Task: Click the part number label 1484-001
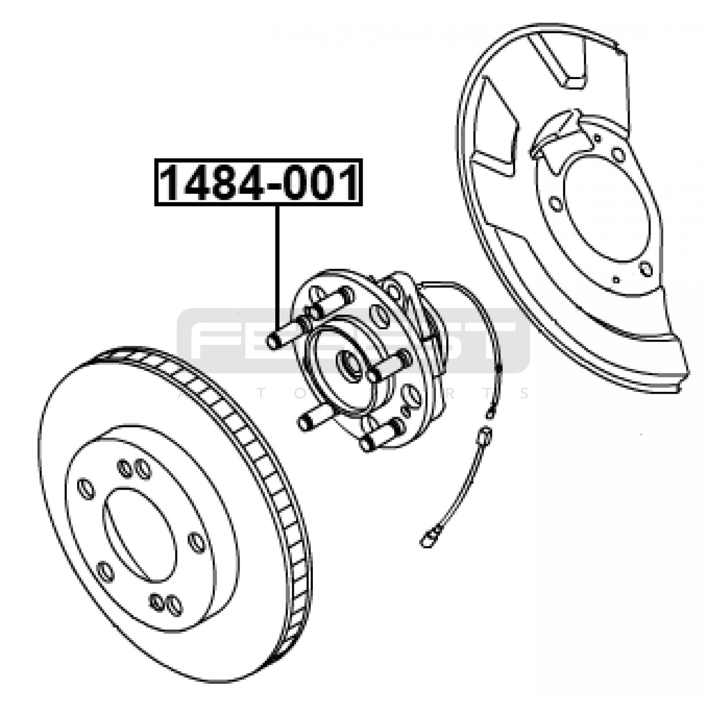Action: click(x=258, y=182)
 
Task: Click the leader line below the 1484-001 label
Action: click(x=277, y=265)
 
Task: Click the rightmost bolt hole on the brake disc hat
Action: click(x=197, y=543)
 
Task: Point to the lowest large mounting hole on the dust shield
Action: click(x=646, y=268)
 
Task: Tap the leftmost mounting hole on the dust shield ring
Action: click(x=555, y=204)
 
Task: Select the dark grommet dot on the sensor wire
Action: click(x=498, y=368)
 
